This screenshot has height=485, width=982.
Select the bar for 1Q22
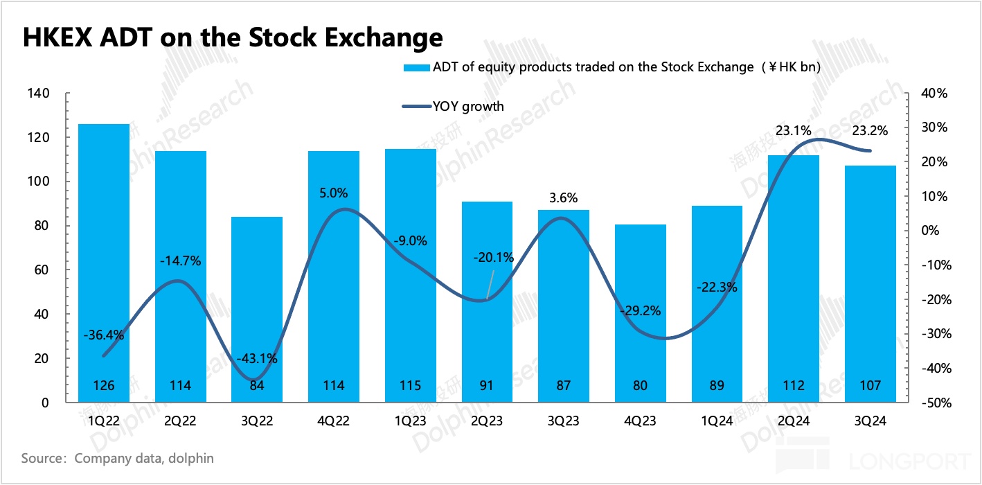pyautogui.click(x=104, y=263)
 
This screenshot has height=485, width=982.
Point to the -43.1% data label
pyautogui.click(x=257, y=359)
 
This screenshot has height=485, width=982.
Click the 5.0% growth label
pyautogui.click(x=334, y=193)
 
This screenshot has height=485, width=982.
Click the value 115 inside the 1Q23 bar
pyautogui.click(x=411, y=386)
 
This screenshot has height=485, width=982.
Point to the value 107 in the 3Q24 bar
pyautogui.click(x=871, y=386)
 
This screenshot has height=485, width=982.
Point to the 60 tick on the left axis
pyautogui.click(x=42, y=270)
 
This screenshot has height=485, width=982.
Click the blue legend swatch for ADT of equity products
pyautogui.click(x=416, y=68)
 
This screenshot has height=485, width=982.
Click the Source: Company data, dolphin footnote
pyautogui.click(x=117, y=458)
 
